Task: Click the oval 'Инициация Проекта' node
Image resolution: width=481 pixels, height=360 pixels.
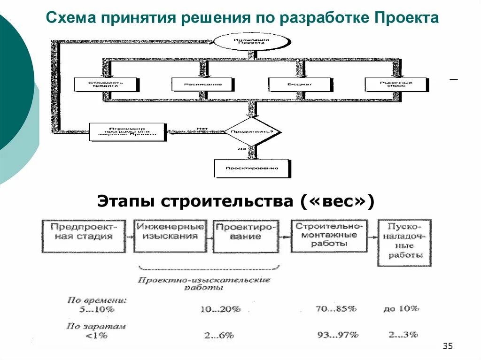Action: pos(251,41)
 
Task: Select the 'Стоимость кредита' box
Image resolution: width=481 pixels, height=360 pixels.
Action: pos(106,84)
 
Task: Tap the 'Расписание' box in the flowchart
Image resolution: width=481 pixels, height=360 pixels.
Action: pos(202,84)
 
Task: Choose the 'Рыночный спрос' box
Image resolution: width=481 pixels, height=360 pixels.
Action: pos(396,84)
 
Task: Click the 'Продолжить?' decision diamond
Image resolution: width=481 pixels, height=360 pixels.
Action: pos(252,131)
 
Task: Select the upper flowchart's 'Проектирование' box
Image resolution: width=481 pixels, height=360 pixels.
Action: pos(252,168)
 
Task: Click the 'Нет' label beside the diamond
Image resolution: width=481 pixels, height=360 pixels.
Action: pos(202,128)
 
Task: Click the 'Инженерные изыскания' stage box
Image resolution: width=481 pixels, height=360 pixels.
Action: pos(171,231)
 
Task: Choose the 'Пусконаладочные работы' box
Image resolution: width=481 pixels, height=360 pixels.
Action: pos(404,242)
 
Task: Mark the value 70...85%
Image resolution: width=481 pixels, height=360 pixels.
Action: pos(336,309)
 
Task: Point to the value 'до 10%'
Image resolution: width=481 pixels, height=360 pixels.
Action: pos(401,309)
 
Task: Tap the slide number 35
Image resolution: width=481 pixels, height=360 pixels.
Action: pos(447,346)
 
